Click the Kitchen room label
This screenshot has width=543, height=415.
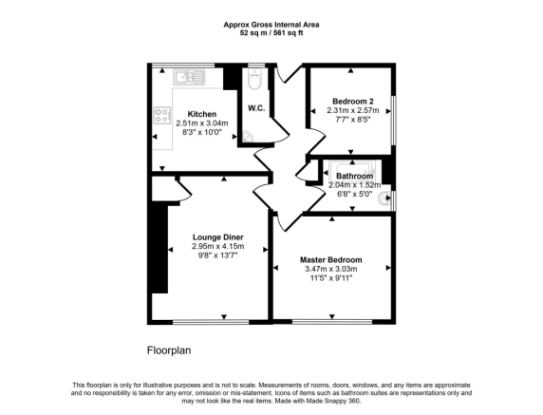(x=202, y=114)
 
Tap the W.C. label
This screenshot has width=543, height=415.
(x=256, y=108)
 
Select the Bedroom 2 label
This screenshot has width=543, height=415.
(x=353, y=102)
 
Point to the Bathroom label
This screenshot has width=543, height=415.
(x=355, y=176)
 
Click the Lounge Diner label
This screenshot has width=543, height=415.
(x=217, y=237)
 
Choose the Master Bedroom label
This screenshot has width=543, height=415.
(x=331, y=260)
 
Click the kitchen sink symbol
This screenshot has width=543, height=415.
(x=189, y=77)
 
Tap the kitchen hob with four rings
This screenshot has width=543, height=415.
(x=162, y=115)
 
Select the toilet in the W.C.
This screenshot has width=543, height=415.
(x=254, y=80)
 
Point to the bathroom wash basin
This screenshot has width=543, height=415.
(x=385, y=198)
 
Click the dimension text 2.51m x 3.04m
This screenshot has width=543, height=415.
(x=202, y=123)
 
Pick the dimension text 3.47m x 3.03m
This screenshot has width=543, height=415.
(x=331, y=269)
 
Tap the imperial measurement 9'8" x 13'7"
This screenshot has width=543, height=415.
(x=217, y=255)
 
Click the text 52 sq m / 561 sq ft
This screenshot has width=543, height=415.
(x=271, y=33)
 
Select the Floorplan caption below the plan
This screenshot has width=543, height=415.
(x=169, y=350)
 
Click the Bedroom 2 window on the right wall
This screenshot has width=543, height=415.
(x=394, y=120)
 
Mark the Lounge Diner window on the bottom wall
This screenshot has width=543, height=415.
(x=211, y=322)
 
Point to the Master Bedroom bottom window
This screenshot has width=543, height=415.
(x=332, y=322)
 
